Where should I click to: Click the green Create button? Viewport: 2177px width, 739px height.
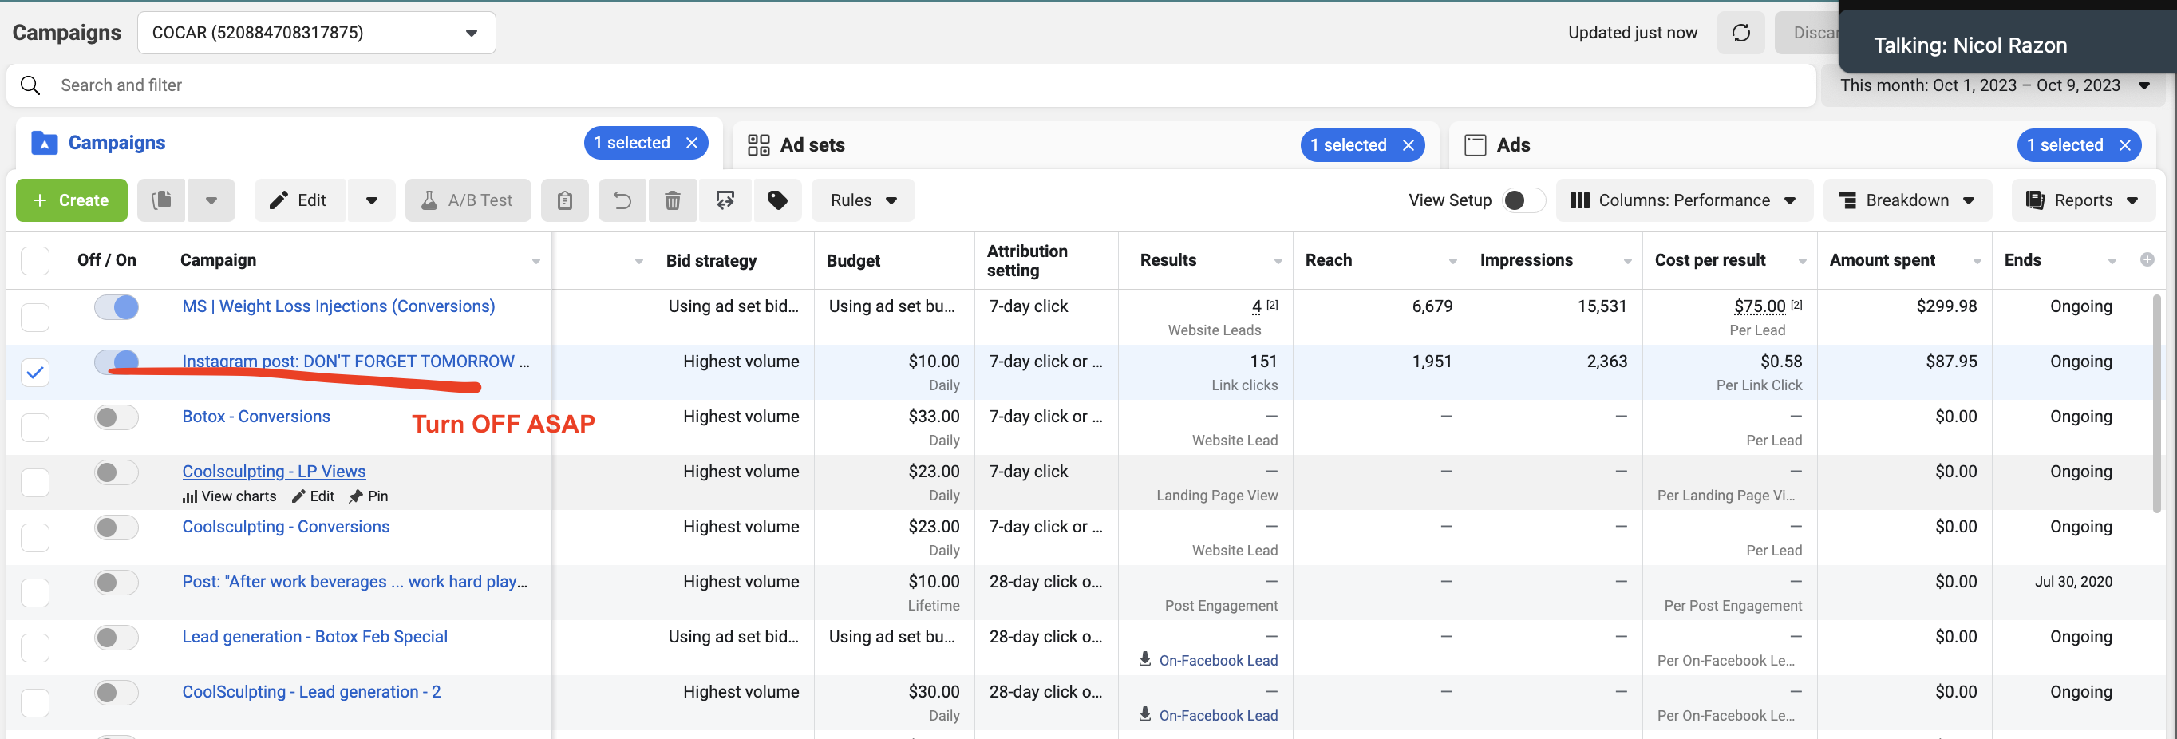(x=72, y=200)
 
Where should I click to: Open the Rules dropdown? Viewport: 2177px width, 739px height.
(x=863, y=200)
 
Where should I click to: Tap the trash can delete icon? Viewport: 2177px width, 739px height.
(x=673, y=200)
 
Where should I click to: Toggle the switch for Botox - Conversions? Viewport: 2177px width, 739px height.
(x=116, y=417)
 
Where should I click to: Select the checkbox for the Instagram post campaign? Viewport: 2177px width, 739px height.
(x=34, y=372)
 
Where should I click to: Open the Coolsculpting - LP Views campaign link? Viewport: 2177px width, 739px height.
(x=274, y=471)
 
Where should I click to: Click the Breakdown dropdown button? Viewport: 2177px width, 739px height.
(x=1907, y=200)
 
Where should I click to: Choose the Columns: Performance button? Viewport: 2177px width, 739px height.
(x=1685, y=200)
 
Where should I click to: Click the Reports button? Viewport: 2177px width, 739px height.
(x=2083, y=200)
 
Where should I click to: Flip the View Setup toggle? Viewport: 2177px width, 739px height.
(x=1523, y=200)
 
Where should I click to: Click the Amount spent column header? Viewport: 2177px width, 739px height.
(x=1882, y=260)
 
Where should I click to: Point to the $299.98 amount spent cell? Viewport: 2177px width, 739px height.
(x=1946, y=306)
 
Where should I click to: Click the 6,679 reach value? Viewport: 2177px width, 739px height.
(x=1432, y=306)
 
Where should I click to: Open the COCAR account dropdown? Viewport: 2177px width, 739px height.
(x=316, y=33)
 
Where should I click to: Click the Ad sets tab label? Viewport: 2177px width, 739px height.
(x=812, y=145)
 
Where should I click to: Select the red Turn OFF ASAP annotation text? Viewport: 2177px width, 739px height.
(x=504, y=424)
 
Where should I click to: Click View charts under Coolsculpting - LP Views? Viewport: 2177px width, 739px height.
(x=230, y=496)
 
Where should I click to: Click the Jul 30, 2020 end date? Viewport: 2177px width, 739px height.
(x=2073, y=582)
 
